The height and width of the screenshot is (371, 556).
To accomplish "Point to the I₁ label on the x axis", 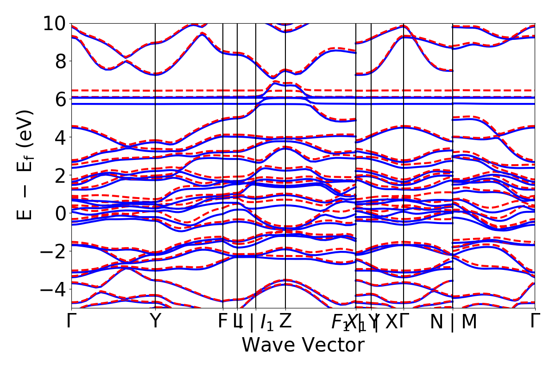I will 266,323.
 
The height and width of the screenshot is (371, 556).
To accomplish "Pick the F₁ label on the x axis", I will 340,323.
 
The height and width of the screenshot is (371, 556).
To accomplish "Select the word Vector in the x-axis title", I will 334,345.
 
